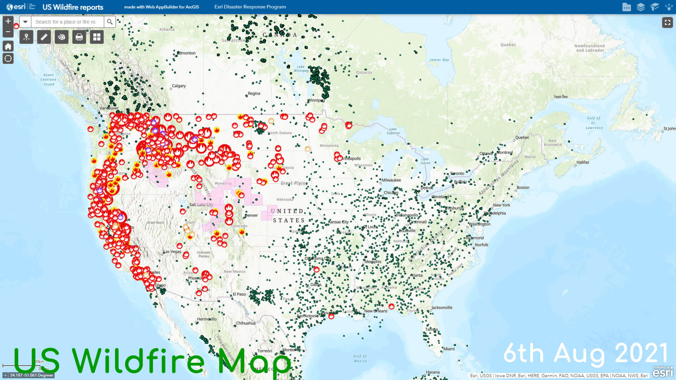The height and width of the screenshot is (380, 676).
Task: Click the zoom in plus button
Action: point(8,21)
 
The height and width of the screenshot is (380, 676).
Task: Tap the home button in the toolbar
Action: point(8,46)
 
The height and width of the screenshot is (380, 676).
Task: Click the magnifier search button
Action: point(110,22)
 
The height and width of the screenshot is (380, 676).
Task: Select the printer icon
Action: point(79,37)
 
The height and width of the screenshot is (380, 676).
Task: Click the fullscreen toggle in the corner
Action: point(667,23)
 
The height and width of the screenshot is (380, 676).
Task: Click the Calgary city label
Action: point(179,86)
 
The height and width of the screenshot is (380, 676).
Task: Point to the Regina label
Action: point(254,94)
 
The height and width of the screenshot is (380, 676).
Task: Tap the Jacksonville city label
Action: point(442,308)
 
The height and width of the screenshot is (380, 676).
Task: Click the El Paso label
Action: point(239,294)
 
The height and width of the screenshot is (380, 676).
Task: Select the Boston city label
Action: point(523,188)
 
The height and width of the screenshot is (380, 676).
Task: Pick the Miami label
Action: point(449,349)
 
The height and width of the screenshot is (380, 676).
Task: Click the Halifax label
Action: point(583,162)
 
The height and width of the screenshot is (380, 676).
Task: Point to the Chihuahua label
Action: point(246,323)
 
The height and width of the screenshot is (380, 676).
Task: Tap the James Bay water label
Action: point(439,60)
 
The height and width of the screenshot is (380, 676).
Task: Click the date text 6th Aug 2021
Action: point(586,354)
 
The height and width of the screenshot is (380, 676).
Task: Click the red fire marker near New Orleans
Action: point(391,306)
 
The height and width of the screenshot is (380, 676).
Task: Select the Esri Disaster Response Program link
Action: point(250,7)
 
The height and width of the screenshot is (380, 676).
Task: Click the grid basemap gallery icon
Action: point(97,37)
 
